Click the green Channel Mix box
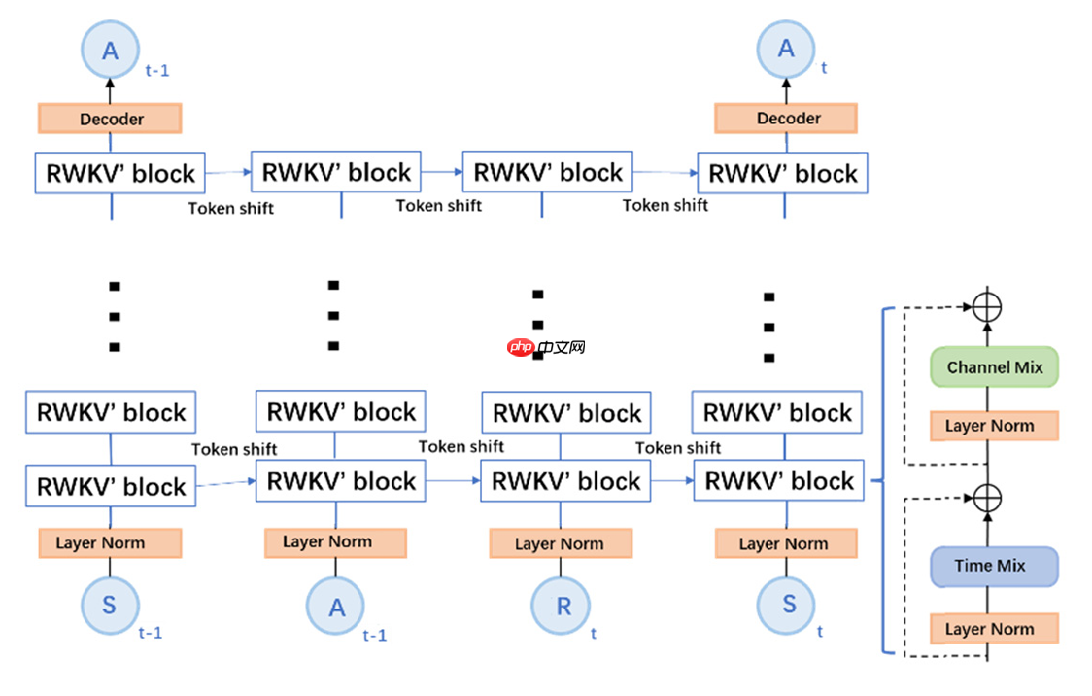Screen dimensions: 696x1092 pos(994,367)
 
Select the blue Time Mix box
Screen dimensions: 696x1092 pos(994,566)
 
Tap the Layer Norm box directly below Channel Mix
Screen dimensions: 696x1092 pos(994,426)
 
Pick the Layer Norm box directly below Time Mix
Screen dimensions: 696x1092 pos(994,629)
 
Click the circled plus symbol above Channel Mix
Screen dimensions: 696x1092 pos(987,307)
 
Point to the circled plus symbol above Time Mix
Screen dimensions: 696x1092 pos(987,497)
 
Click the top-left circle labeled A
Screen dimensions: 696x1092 pos(110,51)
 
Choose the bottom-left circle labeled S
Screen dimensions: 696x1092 pos(109,605)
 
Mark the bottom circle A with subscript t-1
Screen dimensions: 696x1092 pos(336,608)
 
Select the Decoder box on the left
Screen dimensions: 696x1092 pos(110,119)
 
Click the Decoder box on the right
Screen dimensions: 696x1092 pos(786,119)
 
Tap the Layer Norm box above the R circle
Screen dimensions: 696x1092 pos(561,543)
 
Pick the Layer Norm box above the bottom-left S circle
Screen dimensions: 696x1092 pos(110,542)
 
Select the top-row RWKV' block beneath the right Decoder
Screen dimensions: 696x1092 pos(782,174)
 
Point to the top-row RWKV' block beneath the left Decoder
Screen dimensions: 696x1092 pos(120,174)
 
